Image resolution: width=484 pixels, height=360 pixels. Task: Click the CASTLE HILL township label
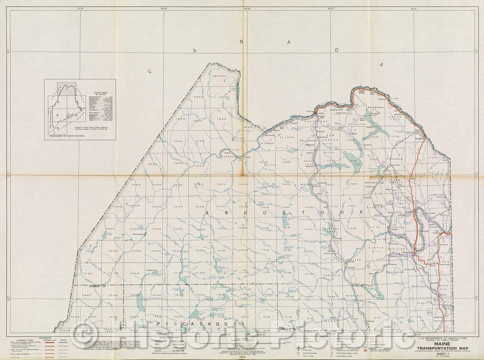click(376, 250)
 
